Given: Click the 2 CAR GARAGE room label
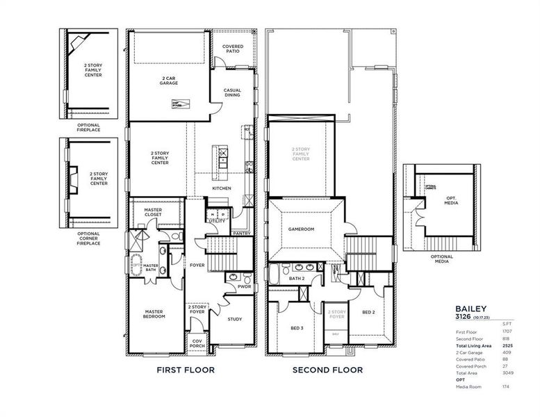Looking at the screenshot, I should pyautogui.click(x=168, y=81).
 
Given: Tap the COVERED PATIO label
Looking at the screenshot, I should pyautogui.click(x=232, y=49).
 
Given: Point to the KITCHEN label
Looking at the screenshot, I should pyautogui.click(x=222, y=189).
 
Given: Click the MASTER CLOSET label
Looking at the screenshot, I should pyautogui.click(x=153, y=212).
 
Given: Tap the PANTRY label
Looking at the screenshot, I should pyautogui.click(x=243, y=234).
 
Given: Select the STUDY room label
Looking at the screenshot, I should pyautogui.click(x=235, y=319).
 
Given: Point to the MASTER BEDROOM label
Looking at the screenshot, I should pyautogui.click(x=154, y=314).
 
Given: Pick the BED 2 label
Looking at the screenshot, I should pyautogui.click(x=368, y=312).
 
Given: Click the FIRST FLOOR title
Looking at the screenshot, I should pyautogui.click(x=185, y=370).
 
